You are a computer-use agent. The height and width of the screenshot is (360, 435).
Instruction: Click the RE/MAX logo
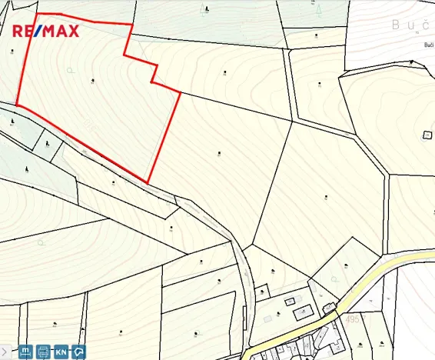pyautogui.click(x=47, y=32)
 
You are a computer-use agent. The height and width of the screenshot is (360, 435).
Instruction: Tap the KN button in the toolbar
pyautogui.click(x=61, y=352)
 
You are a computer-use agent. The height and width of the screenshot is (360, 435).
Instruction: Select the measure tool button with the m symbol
pyautogui.click(x=25, y=352)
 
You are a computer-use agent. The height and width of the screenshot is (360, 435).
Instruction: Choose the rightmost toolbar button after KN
pyautogui.click(x=79, y=352)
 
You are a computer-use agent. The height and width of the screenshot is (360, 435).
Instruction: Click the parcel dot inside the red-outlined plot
pyautogui.click(x=92, y=80)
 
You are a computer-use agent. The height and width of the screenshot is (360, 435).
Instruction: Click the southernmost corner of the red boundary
pyautogui.click(x=148, y=182)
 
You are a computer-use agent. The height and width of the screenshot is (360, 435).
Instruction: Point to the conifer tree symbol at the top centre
pyautogui.click(x=205, y=8)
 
